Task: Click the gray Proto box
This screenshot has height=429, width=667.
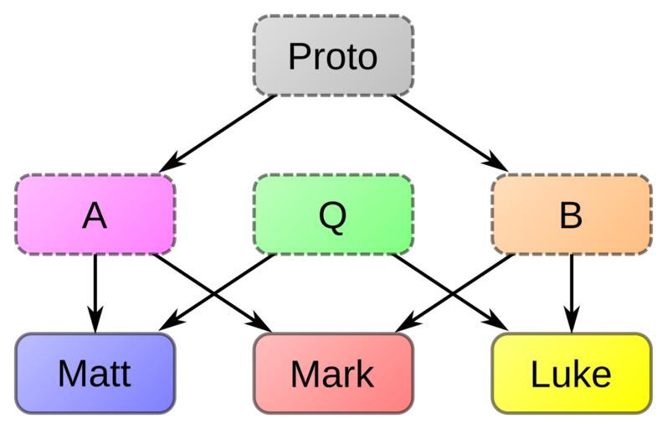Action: (333, 55)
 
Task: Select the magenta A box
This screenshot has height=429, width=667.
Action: (95, 214)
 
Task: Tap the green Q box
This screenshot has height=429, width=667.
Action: (333, 214)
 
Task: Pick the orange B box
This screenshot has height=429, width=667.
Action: (571, 214)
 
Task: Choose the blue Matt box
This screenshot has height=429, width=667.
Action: (95, 374)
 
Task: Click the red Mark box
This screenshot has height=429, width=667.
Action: (333, 374)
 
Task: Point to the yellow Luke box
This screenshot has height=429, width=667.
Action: (571, 374)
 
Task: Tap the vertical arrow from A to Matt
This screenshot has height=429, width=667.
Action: (95, 289)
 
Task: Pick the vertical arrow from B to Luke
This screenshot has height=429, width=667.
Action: (571, 289)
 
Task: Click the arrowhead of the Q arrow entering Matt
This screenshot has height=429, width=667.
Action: (167, 324)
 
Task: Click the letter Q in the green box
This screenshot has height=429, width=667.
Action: (332, 216)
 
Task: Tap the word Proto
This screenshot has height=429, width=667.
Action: (333, 57)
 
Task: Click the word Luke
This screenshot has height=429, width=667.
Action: (571, 375)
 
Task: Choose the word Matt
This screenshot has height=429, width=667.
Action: (95, 374)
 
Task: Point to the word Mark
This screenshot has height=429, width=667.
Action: (332, 375)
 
